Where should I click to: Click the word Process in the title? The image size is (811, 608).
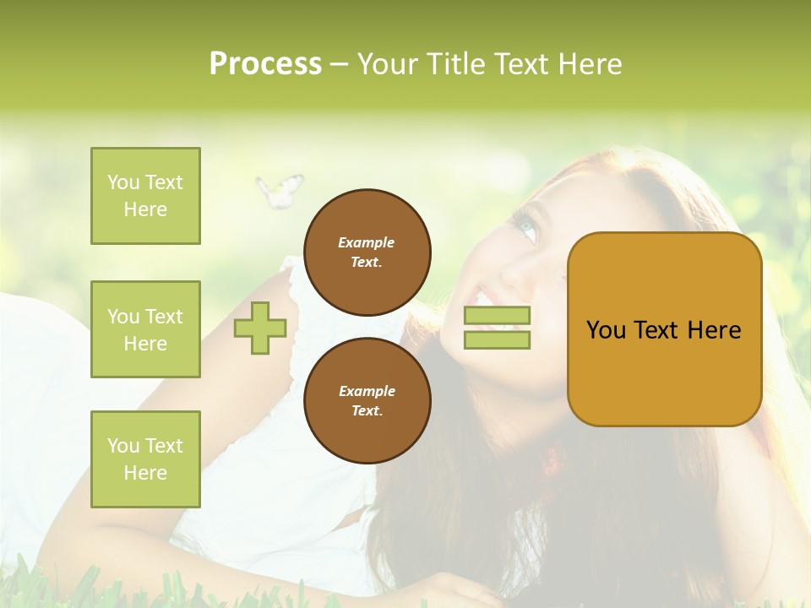(265, 64)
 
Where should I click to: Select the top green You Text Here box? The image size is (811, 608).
(145, 196)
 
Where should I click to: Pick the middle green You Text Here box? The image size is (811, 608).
(145, 329)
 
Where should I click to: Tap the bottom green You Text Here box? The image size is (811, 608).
(145, 459)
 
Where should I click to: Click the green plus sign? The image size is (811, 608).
(260, 328)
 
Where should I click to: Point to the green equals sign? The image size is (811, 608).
(497, 328)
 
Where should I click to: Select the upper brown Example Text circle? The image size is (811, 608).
(367, 252)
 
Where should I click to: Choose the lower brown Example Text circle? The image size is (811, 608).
(367, 401)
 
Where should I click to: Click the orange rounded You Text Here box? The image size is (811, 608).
(664, 329)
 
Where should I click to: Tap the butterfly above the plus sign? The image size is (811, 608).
(279, 190)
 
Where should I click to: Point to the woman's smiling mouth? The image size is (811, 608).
(488, 297)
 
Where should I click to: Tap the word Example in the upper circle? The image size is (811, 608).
(367, 242)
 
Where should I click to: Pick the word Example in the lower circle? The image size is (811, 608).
(367, 391)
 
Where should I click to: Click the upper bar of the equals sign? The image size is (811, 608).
(497, 316)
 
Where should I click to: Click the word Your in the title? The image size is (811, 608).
(389, 64)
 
